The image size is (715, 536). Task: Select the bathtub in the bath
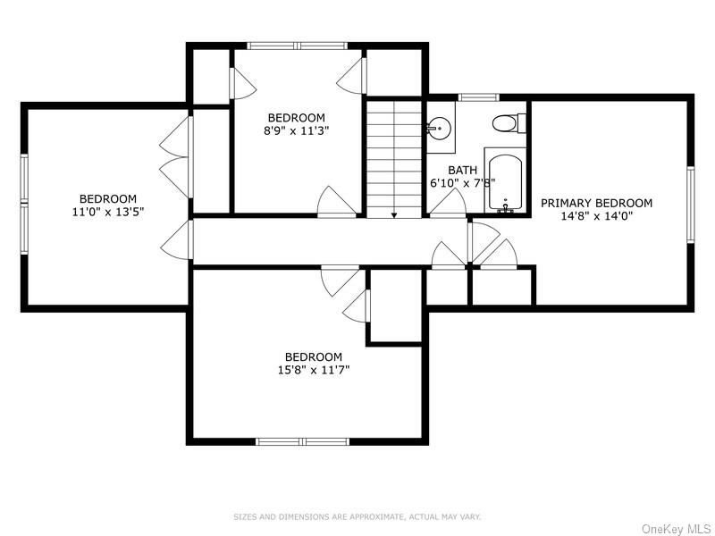point(505,182)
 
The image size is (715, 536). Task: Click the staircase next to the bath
point(393,156)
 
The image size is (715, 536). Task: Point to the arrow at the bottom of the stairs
point(393,214)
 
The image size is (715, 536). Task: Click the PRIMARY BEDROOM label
point(596,203)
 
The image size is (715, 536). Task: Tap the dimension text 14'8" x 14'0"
point(596,215)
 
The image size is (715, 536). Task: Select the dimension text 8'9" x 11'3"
point(296,130)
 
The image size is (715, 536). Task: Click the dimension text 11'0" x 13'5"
point(107,212)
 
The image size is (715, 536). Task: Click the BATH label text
point(462,170)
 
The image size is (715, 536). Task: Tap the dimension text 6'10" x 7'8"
point(462,182)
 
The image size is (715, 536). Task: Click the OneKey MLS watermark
point(677,529)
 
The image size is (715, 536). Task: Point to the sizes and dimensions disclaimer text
point(357,516)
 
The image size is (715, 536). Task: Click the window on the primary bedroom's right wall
point(690,204)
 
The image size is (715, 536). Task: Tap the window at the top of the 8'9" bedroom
point(297,46)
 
